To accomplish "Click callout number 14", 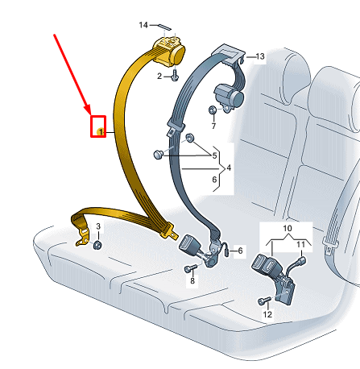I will (x=143, y=26).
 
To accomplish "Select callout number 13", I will (x=259, y=56).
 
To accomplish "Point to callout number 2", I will (x=159, y=76).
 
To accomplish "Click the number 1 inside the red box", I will (x=99, y=129).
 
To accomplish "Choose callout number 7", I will (x=213, y=126).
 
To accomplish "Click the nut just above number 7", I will (x=213, y=110).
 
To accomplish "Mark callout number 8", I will (x=192, y=282).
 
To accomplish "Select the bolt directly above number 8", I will (x=192, y=267).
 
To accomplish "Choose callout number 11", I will (x=302, y=243).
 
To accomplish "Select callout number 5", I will (x=214, y=155).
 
